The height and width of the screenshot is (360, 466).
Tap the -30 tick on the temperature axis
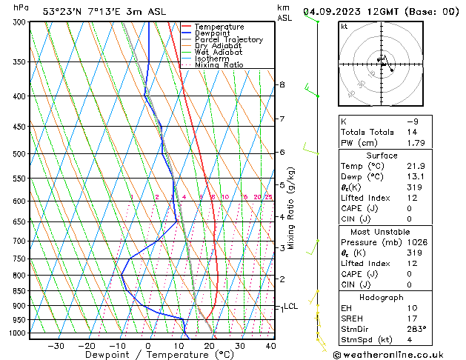coord(56,345)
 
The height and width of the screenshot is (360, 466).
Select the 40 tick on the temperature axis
coord(270,345)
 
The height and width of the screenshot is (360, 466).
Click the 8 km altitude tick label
coord(282,84)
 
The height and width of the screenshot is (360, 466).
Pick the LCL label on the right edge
coord(290,306)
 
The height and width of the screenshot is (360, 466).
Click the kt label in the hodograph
coord(344,26)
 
